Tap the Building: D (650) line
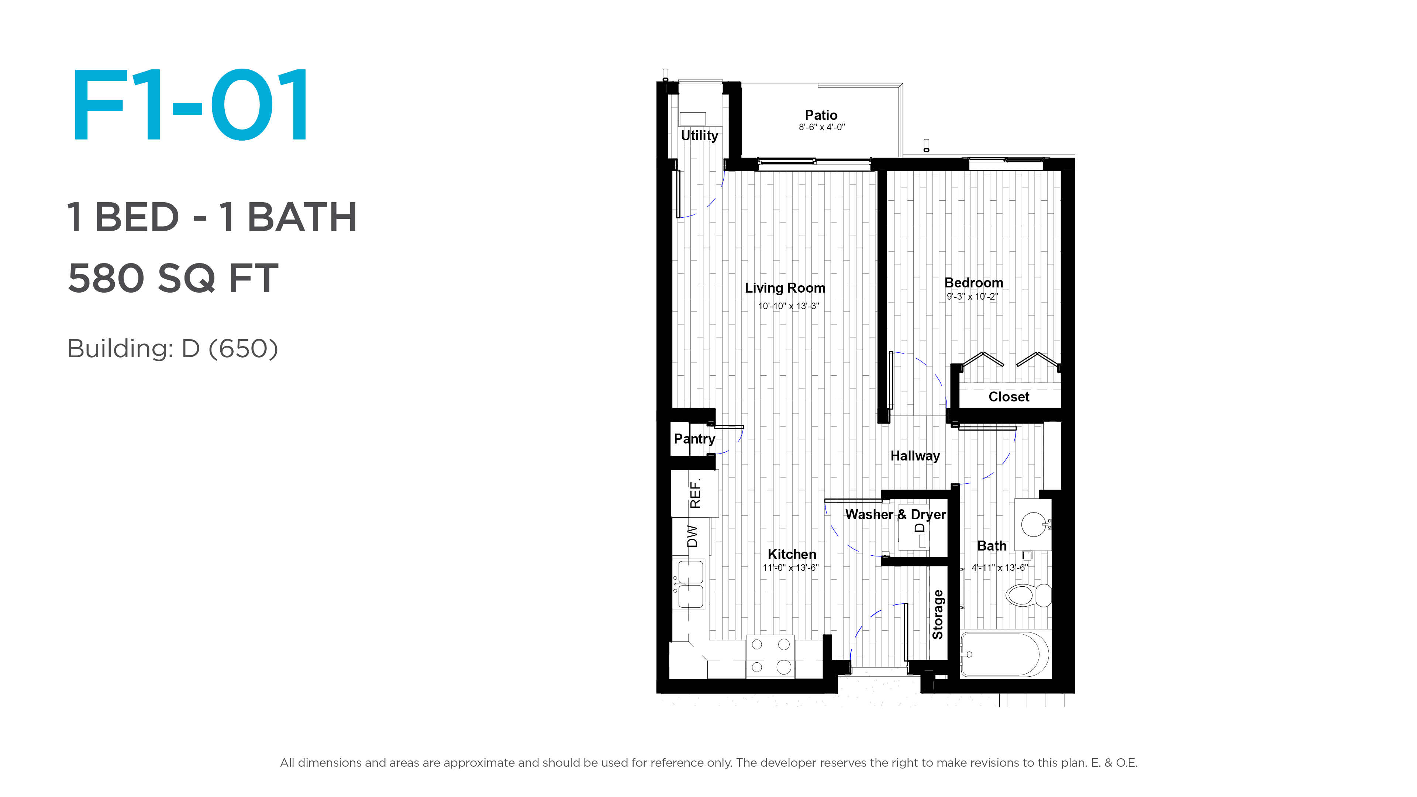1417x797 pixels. click(173, 348)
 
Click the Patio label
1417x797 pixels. click(821, 115)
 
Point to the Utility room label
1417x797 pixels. click(699, 135)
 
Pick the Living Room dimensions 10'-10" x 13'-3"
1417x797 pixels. click(788, 306)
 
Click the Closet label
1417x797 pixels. click(1009, 397)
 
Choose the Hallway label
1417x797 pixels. click(915, 456)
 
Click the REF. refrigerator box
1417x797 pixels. click(695, 493)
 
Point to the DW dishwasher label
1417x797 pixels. click(693, 536)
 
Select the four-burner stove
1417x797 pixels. click(770, 656)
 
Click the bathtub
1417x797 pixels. click(1005, 655)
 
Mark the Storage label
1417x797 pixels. click(938, 614)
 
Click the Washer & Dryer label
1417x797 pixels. click(896, 514)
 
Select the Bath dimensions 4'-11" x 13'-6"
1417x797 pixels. click(999, 567)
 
